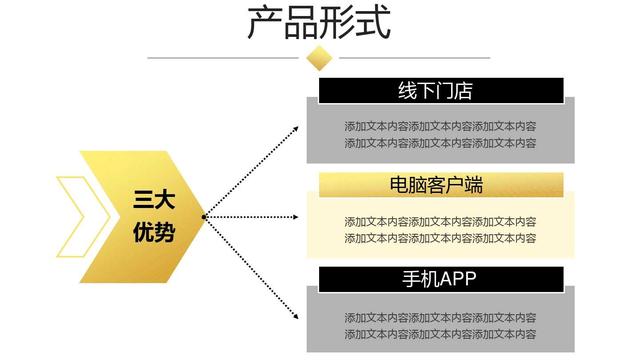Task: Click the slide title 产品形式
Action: [319, 22]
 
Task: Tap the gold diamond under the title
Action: [319, 58]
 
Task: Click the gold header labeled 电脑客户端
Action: [441, 184]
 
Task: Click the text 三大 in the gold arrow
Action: [153, 200]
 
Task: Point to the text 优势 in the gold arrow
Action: [153, 233]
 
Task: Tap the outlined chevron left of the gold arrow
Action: [72, 216]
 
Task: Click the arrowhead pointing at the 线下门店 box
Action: [298, 127]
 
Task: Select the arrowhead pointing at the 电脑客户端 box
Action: [298, 216]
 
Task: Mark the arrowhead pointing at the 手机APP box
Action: [298, 318]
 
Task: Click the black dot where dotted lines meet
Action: [204, 216]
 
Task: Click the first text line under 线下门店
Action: [440, 127]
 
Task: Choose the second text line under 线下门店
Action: [440, 143]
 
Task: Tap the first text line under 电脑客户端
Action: [440, 222]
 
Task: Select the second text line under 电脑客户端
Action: [440, 238]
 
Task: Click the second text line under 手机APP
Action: [440, 333]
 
